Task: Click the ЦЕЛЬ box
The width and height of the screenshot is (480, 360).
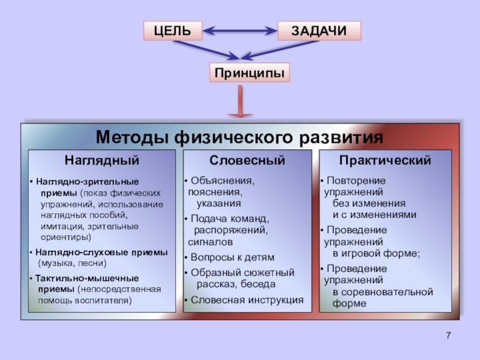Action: pos(173,31)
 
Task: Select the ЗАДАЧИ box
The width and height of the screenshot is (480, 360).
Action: pos(319,31)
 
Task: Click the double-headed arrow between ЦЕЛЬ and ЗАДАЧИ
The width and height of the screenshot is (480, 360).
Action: pos(240,29)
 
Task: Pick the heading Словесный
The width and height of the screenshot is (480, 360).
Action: pos(247,161)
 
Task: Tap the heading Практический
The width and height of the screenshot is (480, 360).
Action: pos(385,161)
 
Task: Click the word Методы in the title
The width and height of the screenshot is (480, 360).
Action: pos(133,137)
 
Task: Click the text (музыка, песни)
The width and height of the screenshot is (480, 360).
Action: pos(72,263)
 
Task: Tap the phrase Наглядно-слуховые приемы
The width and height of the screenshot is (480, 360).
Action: pos(101,252)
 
